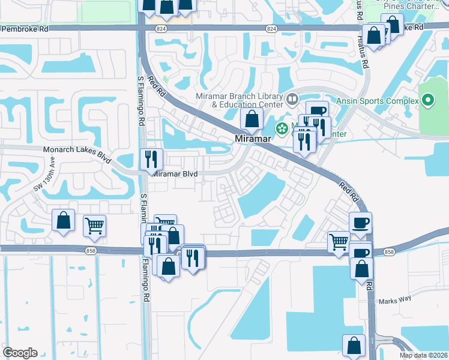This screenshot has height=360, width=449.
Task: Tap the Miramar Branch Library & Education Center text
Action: click(x=239, y=101)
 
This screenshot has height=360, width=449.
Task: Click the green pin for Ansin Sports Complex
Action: click(x=427, y=100)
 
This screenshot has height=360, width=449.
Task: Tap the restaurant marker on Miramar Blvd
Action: click(x=151, y=160)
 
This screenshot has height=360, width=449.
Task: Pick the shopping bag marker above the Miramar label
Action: click(x=252, y=119)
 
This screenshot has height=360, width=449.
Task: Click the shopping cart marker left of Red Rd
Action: click(x=339, y=242)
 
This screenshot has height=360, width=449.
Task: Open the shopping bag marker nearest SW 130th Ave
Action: click(x=63, y=221)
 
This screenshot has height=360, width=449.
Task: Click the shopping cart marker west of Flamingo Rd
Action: click(x=94, y=226)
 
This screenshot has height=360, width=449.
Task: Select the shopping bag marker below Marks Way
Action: click(x=354, y=346)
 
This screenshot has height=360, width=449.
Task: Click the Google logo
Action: click(x=20, y=353)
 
